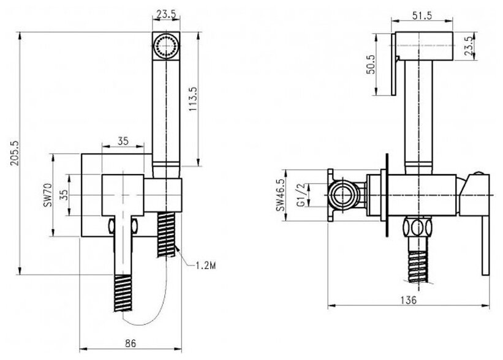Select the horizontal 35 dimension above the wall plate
click(x=123, y=141)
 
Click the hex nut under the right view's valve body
click(x=419, y=229)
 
